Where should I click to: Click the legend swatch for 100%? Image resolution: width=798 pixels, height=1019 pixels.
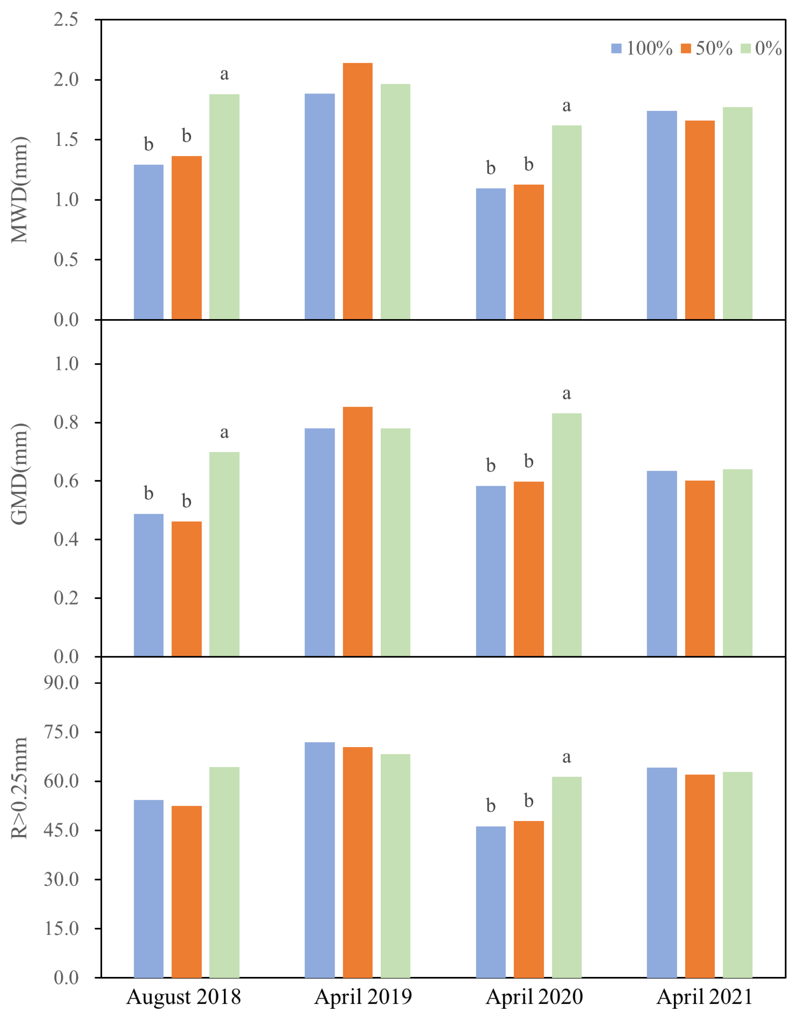616,49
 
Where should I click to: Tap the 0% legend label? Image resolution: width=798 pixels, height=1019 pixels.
768,49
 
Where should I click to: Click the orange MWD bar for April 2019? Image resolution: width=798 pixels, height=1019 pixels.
358,191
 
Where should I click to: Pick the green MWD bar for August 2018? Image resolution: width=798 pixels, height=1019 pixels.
224,207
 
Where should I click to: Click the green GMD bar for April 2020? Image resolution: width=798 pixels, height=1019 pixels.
566,534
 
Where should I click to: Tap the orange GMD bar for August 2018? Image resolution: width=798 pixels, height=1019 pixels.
186,589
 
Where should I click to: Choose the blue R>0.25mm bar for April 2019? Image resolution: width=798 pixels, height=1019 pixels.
319,860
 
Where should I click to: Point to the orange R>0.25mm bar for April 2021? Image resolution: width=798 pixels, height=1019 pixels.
699,876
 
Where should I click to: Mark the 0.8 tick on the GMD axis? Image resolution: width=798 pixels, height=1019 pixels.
66,422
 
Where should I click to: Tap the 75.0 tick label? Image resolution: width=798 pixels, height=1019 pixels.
61,732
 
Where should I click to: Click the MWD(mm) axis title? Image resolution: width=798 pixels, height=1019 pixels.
20,190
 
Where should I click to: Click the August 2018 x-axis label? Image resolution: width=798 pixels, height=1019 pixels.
183,997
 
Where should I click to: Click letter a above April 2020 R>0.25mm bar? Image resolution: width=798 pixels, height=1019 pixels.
566,757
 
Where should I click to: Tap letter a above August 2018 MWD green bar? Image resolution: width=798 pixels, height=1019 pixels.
224,74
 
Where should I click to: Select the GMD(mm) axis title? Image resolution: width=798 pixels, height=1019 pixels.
20,474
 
